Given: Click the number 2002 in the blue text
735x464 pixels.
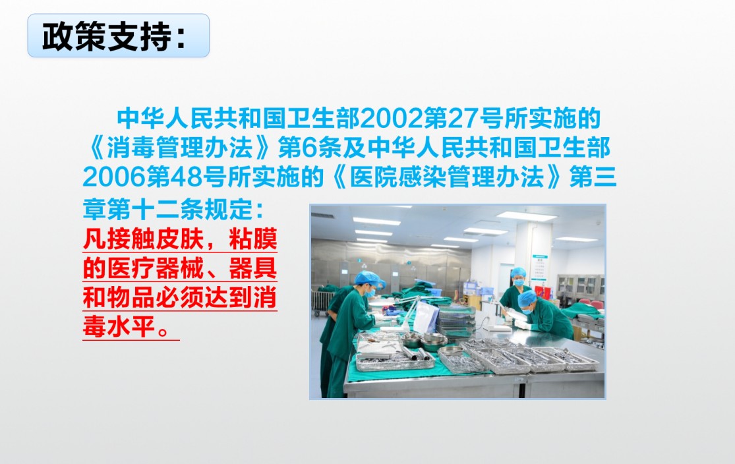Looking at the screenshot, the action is point(391,119).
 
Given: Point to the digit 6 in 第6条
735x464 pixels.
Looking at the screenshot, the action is point(310,148).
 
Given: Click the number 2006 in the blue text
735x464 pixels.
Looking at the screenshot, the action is point(114,178).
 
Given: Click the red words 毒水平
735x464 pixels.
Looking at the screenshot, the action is point(119,327).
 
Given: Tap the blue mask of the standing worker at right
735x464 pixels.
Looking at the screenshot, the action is point(518,282).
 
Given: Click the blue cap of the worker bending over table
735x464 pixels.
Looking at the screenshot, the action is point(527,298).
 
